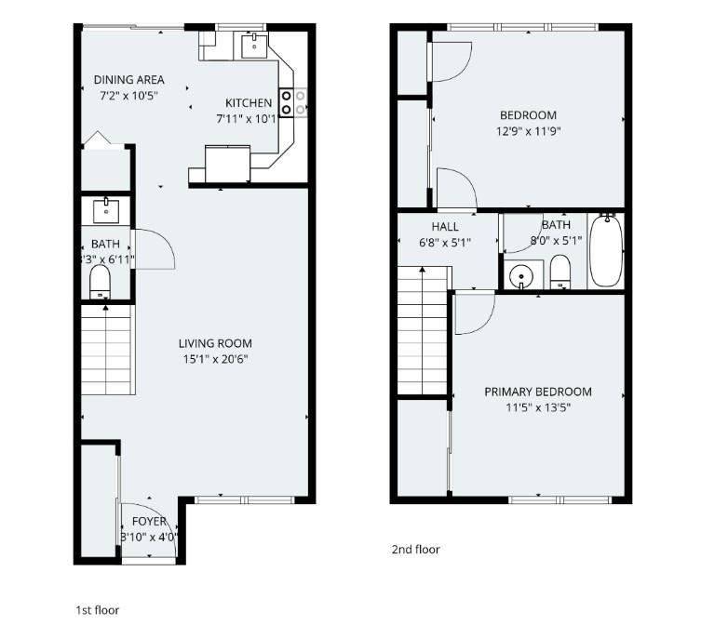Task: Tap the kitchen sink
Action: [253, 43]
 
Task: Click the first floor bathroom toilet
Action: [101, 283]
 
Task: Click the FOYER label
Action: [149, 522]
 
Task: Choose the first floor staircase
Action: [105, 350]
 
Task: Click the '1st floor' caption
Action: [97, 610]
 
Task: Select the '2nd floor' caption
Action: [415, 550]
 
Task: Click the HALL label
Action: [445, 227]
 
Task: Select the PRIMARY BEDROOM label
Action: [537, 392]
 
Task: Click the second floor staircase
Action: [424, 330]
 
